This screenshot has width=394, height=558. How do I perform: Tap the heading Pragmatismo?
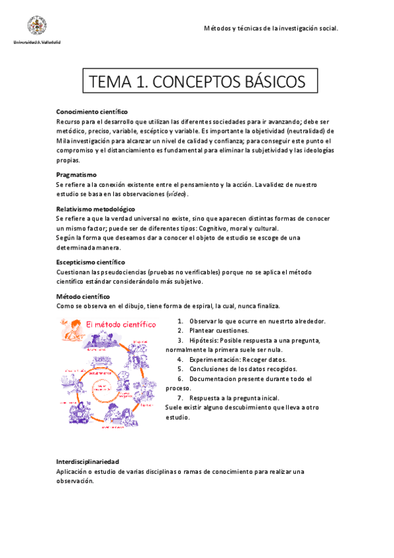click(76, 174)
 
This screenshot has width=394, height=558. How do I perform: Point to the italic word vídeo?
click(176, 194)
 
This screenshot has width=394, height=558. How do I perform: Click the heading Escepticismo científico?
click(95, 262)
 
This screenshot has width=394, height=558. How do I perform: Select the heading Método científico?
click(84, 297)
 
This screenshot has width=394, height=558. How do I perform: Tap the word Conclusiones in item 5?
click(210, 369)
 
